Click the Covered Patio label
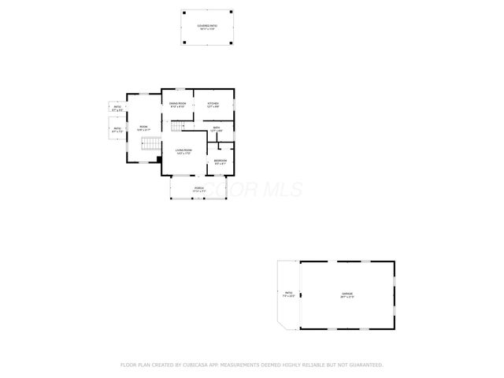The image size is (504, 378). tap(208, 26)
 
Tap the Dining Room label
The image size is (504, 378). tap(178, 105)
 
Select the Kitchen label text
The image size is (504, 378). tap(213, 105)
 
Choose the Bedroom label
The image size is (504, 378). tap(220, 161)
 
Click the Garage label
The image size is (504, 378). tap(347, 295)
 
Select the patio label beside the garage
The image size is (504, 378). tap(287, 295)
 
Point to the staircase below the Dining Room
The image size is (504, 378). tap(183, 125)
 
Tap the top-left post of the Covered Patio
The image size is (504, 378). tap(182, 12)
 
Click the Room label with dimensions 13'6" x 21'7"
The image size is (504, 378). tap(143, 128)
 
